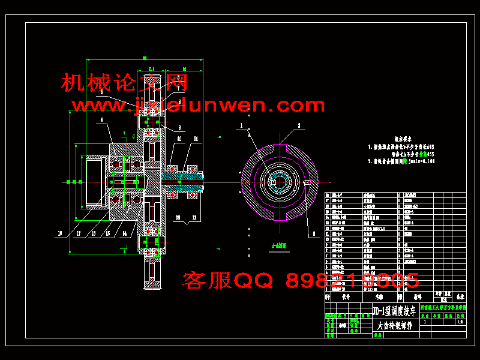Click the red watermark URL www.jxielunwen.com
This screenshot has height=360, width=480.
(x=198, y=106)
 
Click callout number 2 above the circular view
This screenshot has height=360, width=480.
(x=298, y=125)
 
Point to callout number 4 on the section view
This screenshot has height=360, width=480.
(x=102, y=119)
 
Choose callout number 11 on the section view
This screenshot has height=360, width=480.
(x=196, y=139)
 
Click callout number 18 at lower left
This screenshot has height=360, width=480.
(x=60, y=233)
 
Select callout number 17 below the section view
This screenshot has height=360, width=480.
(x=78, y=233)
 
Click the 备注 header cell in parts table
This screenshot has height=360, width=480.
(x=460, y=296)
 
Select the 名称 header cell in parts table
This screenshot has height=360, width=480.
(x=379, y=296)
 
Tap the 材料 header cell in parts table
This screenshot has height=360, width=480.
(x=416, y=296)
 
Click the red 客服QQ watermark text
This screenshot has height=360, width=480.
(x=300, y=280)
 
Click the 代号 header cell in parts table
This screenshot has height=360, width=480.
(x=345, y=296)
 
